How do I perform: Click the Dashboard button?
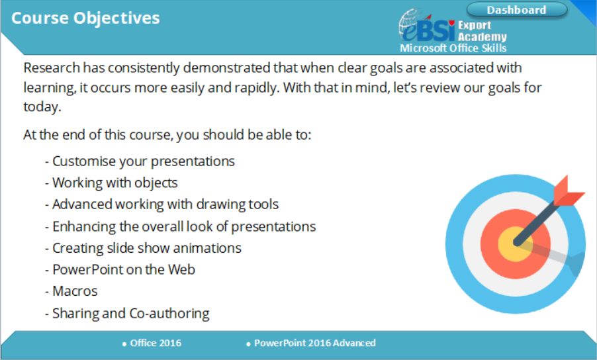coord(517,10)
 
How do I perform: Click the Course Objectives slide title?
coord(85,19)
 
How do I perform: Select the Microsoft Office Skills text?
coord(453,48)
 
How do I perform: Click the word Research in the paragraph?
coord(52,67)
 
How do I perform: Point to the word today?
coord(42,107)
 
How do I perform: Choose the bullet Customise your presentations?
coord(140,161)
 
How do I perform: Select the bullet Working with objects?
coord(111,183)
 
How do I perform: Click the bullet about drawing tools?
coord(161,204)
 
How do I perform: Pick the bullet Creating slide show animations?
coord(143,248)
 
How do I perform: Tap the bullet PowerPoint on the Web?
coord(120,270)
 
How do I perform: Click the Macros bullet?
coord(71,291)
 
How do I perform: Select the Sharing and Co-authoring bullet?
coord(127,314)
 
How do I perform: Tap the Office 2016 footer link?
coord(152,343)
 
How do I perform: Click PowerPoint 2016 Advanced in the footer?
coord(312,343)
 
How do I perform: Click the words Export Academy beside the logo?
coord(482,31)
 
